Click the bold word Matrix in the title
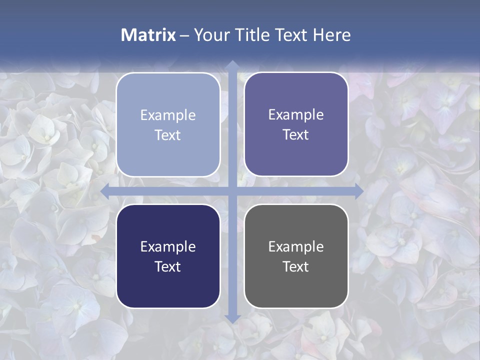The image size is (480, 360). [148, 35]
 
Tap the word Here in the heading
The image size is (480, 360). [331, 35]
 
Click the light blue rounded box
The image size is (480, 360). [168, 124]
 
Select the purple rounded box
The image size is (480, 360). [296, 124]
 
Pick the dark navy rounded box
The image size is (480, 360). [168, 256]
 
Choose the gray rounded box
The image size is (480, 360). [296, 256]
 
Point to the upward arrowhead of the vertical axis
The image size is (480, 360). [232, 64]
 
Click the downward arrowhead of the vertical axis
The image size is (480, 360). [232, 318]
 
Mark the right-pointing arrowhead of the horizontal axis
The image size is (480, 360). [358, 191]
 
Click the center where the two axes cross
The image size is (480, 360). [232, 191]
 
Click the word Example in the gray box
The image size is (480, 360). [296, 246]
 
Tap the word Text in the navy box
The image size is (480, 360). [168, 266]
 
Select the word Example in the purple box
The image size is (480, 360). [296, 115]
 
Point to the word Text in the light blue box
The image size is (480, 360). [168, 135]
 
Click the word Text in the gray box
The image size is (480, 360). [296, 266]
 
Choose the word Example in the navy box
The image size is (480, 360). [168, 246]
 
